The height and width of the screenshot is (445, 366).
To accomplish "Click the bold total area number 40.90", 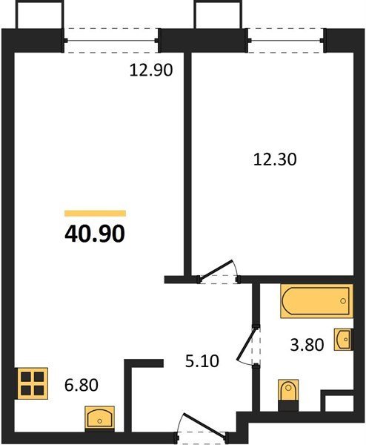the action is (x=95, y=234).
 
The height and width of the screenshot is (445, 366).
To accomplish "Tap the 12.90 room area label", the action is (x=151, y=70).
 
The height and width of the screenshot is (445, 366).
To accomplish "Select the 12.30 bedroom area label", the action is (x=275, y=159).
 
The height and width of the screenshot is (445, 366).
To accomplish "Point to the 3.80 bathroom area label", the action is (x=307, y=345).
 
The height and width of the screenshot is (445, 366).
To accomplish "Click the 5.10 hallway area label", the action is (x=202, y=361).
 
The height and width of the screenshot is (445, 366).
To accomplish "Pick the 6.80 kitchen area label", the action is (x=81, y=385).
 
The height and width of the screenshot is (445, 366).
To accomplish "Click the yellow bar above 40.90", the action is (x=96, y=213).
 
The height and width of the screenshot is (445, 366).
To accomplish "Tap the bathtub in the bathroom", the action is (x=316, y=301).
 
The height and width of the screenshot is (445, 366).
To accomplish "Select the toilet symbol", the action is (x=288, y=395).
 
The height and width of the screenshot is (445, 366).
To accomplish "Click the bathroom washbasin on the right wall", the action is (x=344, y=339).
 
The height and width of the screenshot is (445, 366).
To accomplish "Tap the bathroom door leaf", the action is (x=247, y=344).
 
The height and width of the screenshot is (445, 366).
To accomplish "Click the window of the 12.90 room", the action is (x=111, y=41).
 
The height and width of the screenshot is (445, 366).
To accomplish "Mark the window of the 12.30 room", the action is (x=286, y=41).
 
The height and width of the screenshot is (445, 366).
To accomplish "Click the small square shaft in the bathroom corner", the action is (x=337, y=401).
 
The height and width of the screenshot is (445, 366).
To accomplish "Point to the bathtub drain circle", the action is (x=343, y=300).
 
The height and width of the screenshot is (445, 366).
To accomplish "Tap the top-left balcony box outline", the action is (x=39, y=14).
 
